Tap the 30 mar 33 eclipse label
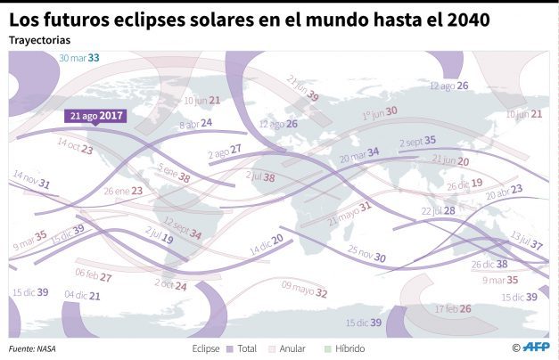pos(79,58)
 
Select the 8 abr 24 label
pos(195,124)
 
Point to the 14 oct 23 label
pos(75,146)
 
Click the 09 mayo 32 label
pos(305,289)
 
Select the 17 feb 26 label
pos(453,308)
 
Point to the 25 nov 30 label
pos(366,253)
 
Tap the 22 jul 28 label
pos(438,210)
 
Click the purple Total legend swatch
pos(229,348)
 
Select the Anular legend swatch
pos(274,348)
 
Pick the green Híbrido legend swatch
pos(327,348)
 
